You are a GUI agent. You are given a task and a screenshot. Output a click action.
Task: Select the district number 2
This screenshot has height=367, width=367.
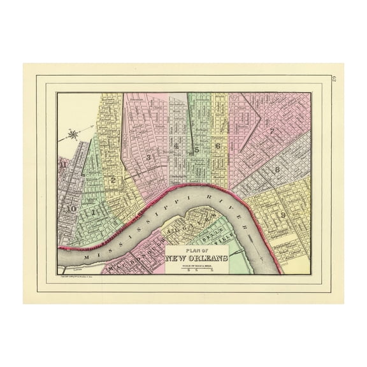113,180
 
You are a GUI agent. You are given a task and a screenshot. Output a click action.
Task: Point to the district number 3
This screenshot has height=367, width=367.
148,157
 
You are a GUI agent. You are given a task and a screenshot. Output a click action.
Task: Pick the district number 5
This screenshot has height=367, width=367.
198,150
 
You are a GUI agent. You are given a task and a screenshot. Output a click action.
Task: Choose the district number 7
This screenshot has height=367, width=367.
272,132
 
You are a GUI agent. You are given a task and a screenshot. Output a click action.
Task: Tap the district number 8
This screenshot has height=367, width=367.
277,169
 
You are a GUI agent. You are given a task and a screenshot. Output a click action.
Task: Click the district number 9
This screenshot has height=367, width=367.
282,215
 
